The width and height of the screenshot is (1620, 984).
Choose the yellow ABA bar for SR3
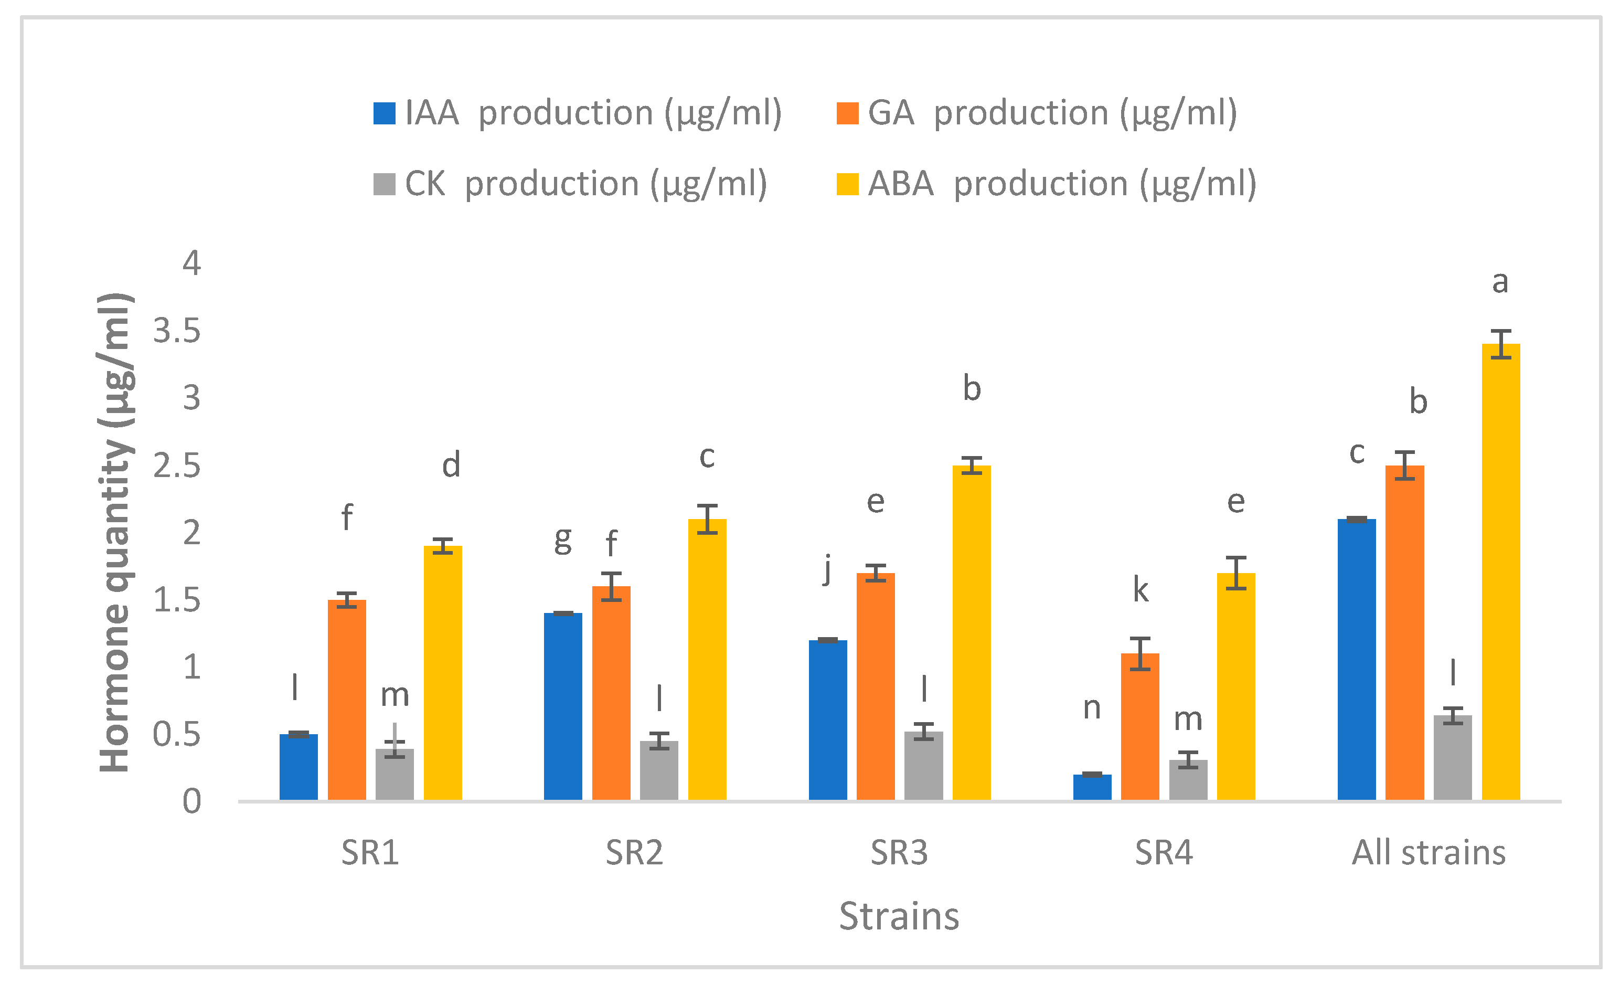click(x=971, y=632)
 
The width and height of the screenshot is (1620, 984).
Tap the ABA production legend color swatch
click(x=847, y=184)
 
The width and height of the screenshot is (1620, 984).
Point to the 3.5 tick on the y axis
click(x=177, y=331)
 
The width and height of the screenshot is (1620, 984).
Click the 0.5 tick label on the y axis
click(x=177, y=734)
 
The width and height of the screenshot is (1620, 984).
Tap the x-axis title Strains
click(x=899, y=916)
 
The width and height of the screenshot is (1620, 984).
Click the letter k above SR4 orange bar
click(x=1140, y=590)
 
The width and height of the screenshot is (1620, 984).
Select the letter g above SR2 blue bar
click(x=563, y=541)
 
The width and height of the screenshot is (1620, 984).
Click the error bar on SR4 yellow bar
click(x=1236, y=573)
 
